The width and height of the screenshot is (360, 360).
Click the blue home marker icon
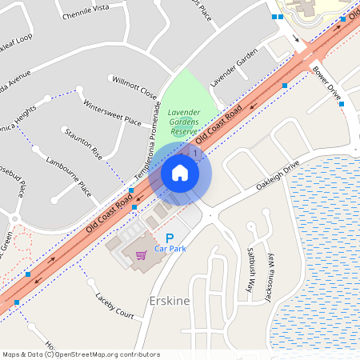click(180, 173)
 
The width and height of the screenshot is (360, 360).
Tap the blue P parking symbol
click(169, 238)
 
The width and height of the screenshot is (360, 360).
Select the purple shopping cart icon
click(141, 256)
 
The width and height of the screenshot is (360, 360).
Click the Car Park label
click(170, 250)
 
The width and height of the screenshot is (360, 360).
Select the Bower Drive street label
click(327, 82)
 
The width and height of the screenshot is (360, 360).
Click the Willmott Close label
click(134, 87)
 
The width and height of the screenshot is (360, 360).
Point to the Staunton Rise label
click(84, 141)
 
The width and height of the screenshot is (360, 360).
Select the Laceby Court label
click(114, 305)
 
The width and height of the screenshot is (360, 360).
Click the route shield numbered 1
click(194, 152)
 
